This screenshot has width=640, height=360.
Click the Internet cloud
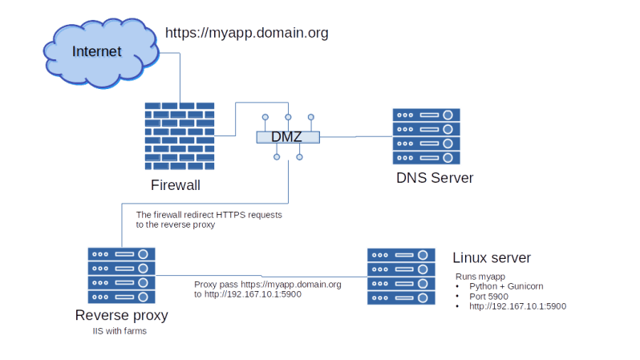[x=101, y=53]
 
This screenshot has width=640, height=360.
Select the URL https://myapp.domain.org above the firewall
[x=246, y=33]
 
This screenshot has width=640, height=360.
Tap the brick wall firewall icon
[x=180, y=136]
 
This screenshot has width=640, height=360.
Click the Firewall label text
[x=176, y=185]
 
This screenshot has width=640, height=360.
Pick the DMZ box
[x=288, y=137]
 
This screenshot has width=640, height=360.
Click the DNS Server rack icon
[x=426, y=136]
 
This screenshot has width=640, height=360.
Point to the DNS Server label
[x=435, y=178]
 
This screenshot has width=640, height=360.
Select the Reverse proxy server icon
[x=122, y=276]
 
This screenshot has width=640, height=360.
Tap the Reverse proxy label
[x=122, y=315]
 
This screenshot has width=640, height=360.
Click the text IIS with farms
[x=119, y=331]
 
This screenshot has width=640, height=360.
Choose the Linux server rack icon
[x=401, y=277]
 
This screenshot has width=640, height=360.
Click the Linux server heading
[x=492, y=257]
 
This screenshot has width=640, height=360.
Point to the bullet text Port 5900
[x=488, y=297]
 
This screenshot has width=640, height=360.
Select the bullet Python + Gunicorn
[x=506, y=286]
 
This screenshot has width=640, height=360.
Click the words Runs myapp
[x=480, y=277]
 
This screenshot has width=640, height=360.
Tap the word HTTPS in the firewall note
[x=230, y=215]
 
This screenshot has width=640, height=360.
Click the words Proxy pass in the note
[x=216, y=285]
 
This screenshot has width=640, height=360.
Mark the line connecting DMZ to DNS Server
[x=356, y=137]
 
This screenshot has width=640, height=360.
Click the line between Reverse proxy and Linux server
[x=261, y=276]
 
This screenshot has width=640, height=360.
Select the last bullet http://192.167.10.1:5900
[x=517, y=306]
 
